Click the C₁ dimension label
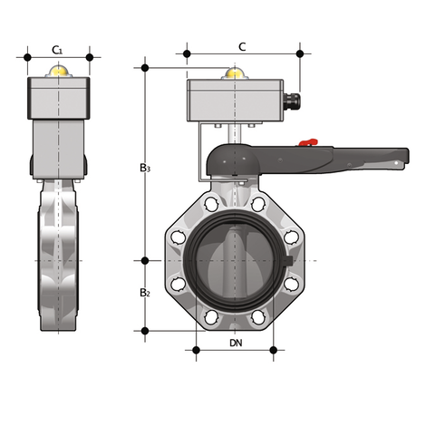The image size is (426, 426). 58,48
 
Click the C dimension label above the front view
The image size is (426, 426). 241,46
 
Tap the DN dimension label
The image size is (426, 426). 236,343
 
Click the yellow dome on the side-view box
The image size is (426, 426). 60,71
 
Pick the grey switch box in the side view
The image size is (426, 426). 60,99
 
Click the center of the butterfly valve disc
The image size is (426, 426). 236,258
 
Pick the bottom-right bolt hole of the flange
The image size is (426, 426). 259,317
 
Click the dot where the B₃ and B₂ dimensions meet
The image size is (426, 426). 145,260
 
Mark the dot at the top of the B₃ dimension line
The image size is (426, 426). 145,66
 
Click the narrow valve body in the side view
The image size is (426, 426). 60,258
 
